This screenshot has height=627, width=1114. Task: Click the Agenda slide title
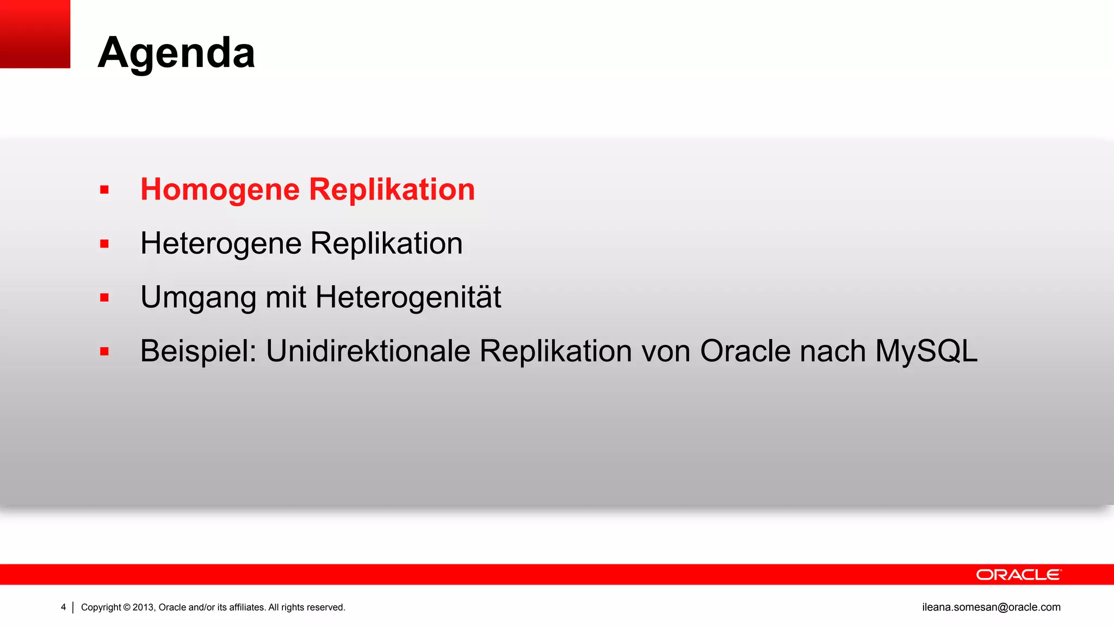(176, 53)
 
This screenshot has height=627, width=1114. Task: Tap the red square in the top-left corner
(35, 34)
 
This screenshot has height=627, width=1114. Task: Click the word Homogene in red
(220, 189)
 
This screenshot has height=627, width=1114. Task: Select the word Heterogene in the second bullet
(220, 243)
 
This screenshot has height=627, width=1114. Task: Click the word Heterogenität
(408, 297)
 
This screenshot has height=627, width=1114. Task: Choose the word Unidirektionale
(368, 351)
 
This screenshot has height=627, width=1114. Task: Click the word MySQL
(926, 351)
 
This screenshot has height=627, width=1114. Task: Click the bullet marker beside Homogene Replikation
(104, 190)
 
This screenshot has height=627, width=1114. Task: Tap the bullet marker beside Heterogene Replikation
(104, 244)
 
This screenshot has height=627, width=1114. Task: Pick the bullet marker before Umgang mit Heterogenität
(104, 298)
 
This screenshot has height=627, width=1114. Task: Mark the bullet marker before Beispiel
(104, 352)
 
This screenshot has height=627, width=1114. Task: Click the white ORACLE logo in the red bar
(1018, 575)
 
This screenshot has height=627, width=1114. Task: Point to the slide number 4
(63, 607)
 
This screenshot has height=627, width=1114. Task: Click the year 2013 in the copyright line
(144, 607)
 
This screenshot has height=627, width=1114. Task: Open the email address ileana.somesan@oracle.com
(991, 607)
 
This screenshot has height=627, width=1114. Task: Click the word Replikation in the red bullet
(392, 189)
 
